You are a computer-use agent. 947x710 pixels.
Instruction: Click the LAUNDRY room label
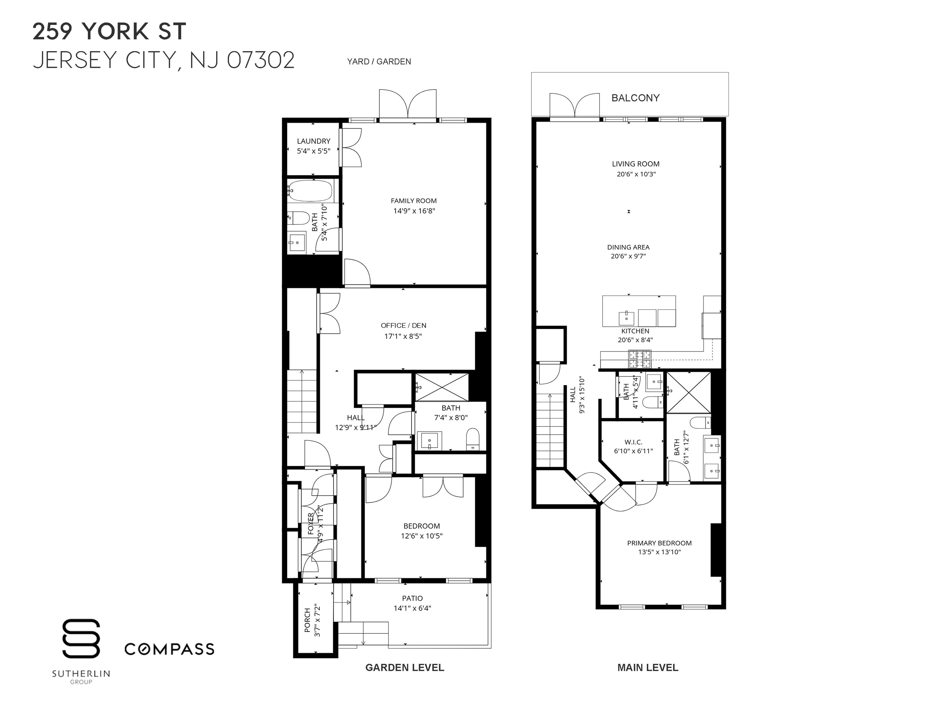[x=314, y=141]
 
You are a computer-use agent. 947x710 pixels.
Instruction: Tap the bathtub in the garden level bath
[x=311, y=190]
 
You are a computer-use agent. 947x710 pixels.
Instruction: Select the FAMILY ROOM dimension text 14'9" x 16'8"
[x=414, y=210]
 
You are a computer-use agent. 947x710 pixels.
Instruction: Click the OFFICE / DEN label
[x=403, y=325]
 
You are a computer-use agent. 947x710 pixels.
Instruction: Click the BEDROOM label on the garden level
[x=421, y=526]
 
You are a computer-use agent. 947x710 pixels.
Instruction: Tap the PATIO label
[x=412, y=598]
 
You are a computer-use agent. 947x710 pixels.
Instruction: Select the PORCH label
[x=307, y=620]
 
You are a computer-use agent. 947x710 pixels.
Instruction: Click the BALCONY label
[x=635, y=98]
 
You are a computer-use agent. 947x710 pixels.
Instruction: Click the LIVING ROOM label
[x=635, y=164]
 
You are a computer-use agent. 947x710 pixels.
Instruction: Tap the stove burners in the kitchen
[x=639, y=359]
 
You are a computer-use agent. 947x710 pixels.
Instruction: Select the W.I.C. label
[x=633, y=442]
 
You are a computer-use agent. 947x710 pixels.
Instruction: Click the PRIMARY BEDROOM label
[x=659, y=543]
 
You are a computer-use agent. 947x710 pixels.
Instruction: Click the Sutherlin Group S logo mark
[x=81, y=638]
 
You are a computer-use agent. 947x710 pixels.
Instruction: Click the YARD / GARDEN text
[x=379, y=62]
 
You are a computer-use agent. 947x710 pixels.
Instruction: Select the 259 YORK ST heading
[x=110, y=32]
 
